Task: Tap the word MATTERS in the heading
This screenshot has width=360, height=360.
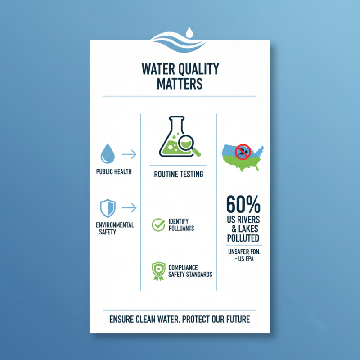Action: (x=180, y=84)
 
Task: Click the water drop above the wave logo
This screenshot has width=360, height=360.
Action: (x=189, y=32)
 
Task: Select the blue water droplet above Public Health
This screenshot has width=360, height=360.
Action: (x=108, y=153)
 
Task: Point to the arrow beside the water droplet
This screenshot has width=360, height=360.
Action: (x=129, y=155)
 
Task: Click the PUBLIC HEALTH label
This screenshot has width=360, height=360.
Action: (x=114, y=172)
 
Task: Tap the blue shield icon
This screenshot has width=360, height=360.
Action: (x=107, y=208)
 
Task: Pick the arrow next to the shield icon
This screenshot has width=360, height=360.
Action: (x=129, y=208)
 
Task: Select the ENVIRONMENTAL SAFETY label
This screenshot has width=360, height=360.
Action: (x=115, y=229)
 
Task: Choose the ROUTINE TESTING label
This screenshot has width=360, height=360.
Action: (x=179, y=174)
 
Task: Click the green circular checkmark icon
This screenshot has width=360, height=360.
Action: (x=158, y=225)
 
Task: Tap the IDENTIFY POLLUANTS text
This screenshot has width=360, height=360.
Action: (x=181, y=225)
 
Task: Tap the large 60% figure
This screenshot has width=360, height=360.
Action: (x=243, y=205)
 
